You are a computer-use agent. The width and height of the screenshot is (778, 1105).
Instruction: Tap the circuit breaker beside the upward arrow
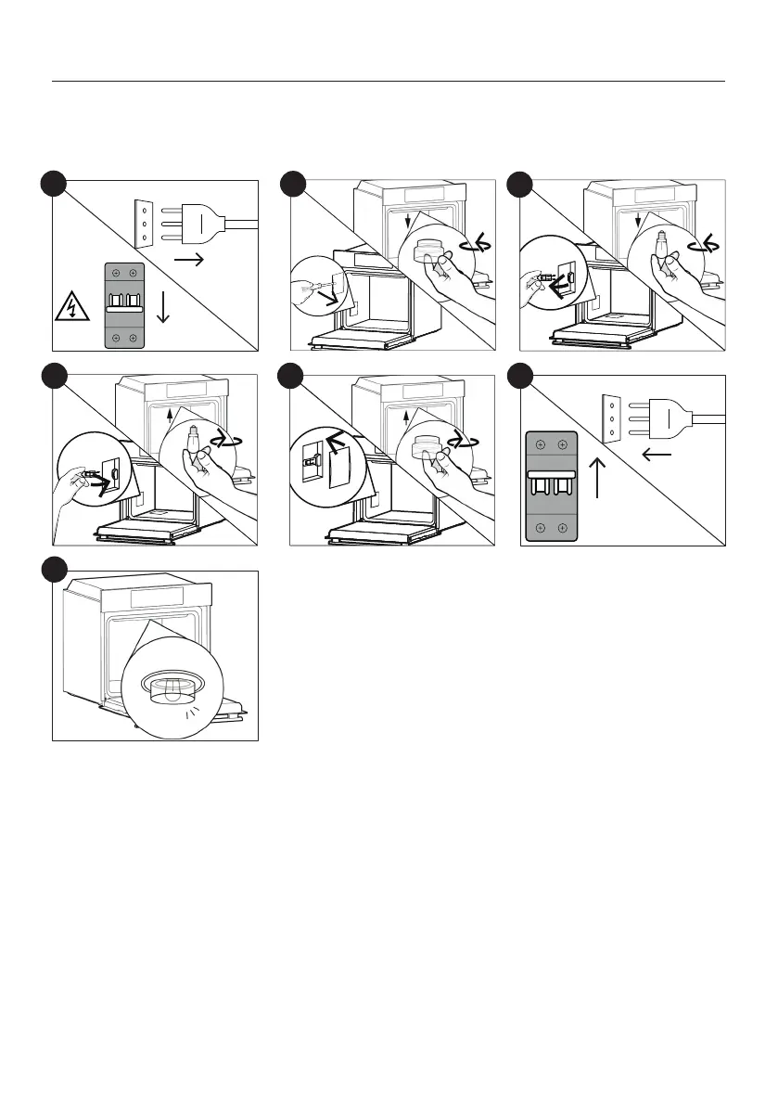[552, 485]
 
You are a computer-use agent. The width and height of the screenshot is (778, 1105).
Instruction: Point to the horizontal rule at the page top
[389, 82]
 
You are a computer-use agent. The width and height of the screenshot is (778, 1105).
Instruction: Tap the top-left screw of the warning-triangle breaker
[115, 273]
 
